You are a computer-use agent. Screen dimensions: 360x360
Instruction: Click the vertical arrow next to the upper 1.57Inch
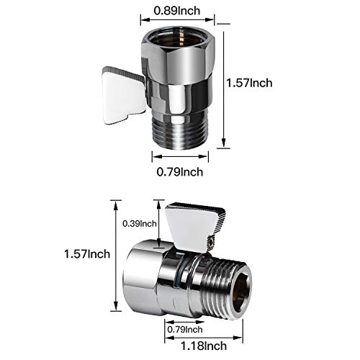pyautogui.click(x=224, y=83)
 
